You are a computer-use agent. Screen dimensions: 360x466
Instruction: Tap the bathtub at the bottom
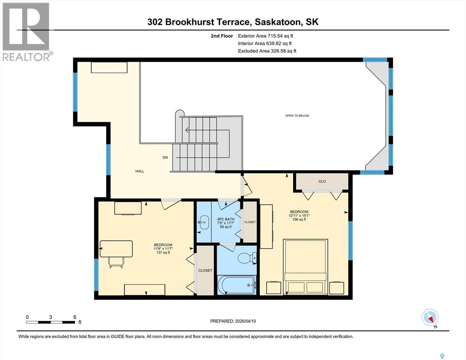[236, 285]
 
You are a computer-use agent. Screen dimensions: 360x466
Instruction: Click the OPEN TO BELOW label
[297, 115]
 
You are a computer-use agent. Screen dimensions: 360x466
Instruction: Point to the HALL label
[140, 171]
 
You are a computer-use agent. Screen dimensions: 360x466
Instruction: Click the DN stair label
[165, 157]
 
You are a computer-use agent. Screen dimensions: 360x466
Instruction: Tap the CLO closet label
[322, 181]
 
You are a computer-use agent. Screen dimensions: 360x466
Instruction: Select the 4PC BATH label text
[226, 219]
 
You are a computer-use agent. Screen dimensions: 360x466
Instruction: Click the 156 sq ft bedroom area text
[299, 219]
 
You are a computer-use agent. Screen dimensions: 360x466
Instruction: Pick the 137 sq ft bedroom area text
[163, 252]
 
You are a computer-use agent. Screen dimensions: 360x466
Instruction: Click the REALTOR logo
[26, 31]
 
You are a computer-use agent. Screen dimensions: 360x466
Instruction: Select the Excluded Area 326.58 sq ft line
[267, 51]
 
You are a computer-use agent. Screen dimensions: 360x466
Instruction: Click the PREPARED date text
[233, 321]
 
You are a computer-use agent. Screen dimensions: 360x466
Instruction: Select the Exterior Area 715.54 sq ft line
[265, 36]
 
